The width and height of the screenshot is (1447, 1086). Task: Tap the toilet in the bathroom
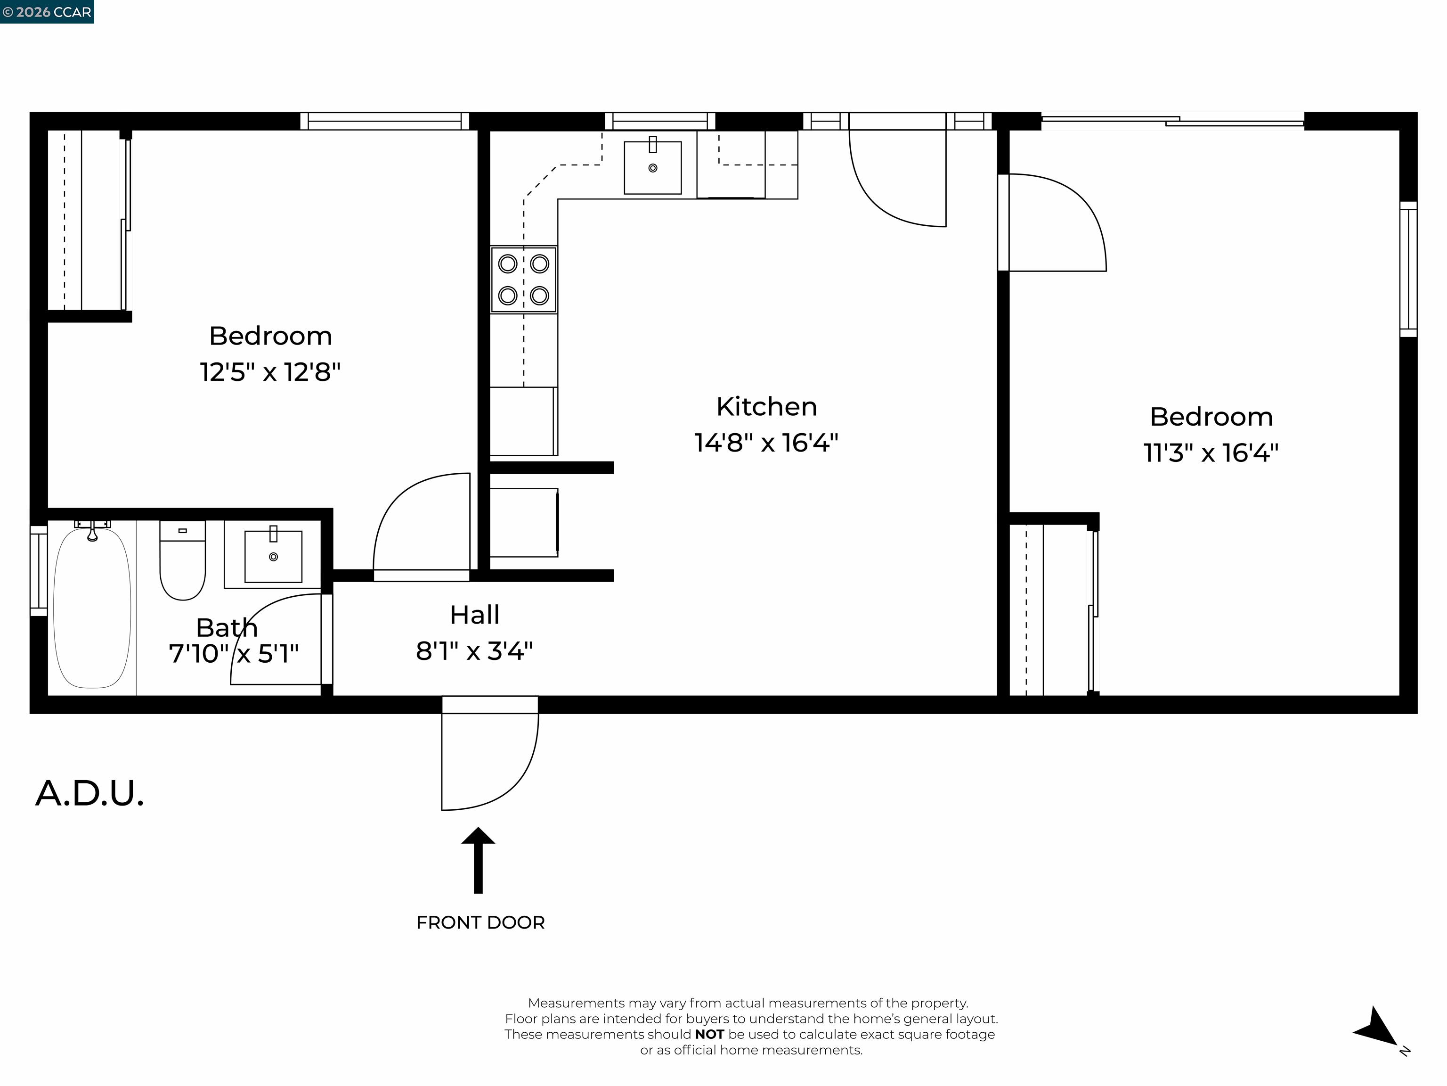point(182,560)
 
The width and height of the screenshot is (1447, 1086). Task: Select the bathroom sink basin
point(274,556)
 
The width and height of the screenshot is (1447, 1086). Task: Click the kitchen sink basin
point(653,168)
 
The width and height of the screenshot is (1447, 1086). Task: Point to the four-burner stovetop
point(524,280)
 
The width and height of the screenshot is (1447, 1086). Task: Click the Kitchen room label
point(767,406)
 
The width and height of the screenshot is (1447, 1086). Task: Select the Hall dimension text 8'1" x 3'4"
point(474,650)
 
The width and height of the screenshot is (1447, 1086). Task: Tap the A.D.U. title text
point(89,793)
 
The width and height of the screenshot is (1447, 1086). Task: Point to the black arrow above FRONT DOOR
point(478,860)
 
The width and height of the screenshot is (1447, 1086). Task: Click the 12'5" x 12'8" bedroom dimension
point(270,372)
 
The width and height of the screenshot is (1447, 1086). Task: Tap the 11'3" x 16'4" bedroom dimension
point(1211,452)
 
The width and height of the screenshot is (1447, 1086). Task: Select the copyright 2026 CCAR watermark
point(47,12)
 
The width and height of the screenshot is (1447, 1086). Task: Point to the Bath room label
point(227,628)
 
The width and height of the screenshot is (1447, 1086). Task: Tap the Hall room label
point(475,615)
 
